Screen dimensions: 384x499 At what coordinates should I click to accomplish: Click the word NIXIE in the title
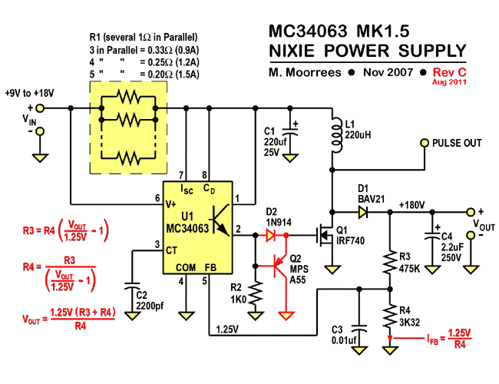point(299,51)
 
